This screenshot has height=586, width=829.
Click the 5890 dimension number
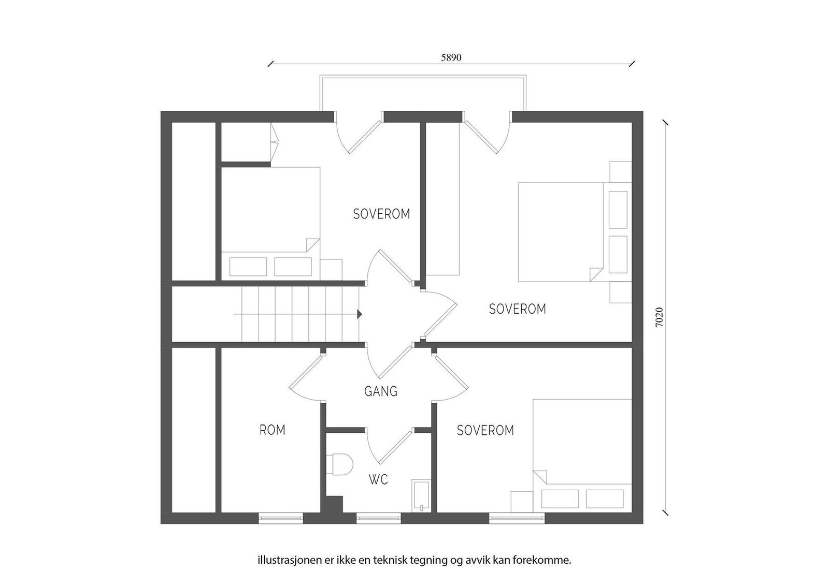point(451,57)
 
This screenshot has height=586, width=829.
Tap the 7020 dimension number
point(659,317)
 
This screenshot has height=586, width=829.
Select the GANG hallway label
point(381,391)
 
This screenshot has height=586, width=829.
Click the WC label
point(378,479)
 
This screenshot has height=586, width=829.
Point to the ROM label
point(273,430)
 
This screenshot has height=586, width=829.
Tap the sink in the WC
point(421,496)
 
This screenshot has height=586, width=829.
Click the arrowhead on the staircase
point(360,314)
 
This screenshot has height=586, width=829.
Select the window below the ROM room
point(280,518)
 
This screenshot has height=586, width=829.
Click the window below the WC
point(379,518)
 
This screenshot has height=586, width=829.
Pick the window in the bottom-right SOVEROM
point(517,518)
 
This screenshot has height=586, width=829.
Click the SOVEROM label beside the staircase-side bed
point(381,214)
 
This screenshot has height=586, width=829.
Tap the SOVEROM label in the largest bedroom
point(518,309)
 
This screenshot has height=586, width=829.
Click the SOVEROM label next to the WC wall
point(485,430)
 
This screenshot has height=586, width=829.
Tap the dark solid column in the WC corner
point(332,505)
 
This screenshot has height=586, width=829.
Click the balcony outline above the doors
point(423,77)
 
